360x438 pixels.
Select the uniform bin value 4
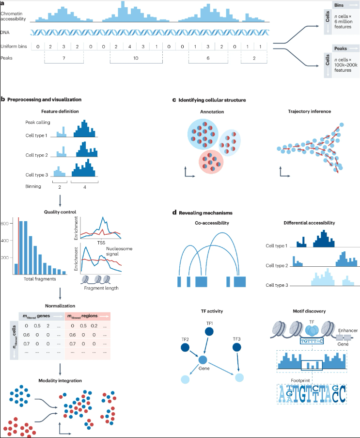[130, 47]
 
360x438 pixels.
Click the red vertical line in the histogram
[19, 245]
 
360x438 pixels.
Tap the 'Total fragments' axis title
[39, 279]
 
